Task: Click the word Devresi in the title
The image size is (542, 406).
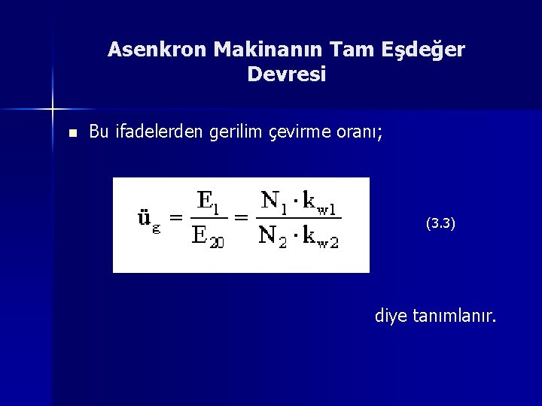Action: point(286,75)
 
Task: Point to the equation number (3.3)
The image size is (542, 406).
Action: point(440,223)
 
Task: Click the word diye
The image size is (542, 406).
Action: point(391,317)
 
